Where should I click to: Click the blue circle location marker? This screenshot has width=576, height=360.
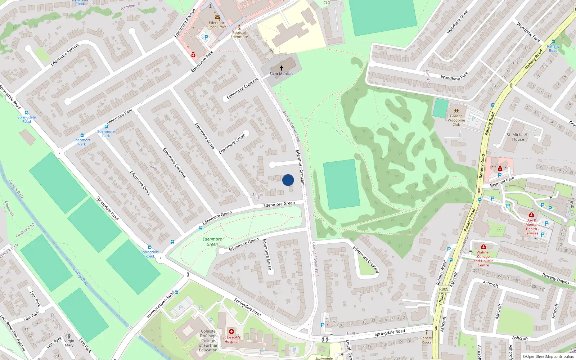click(288, 180)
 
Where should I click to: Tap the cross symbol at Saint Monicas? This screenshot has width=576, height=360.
click(282, 68)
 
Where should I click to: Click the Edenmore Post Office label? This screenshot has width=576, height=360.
click(217, 25)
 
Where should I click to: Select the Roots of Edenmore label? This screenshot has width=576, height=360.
click(239, 35)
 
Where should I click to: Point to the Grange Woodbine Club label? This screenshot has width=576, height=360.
click(456, 120)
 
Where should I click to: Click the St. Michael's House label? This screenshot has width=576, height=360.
click(518, 137)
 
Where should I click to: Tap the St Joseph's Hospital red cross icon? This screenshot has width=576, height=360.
click(231, 332)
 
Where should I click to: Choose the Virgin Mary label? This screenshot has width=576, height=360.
click(69, 343)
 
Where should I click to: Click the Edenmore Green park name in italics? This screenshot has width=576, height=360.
click(212, 242)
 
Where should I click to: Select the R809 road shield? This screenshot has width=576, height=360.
click(444, 289)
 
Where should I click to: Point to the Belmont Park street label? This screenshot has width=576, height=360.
click(502, 182)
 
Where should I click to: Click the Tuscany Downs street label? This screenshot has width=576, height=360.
click(555, 278)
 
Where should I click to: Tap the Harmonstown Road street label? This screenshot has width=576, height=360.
click(160, 305)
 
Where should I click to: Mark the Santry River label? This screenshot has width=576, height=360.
click(81, 277)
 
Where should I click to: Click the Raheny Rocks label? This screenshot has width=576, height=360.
click(427, 340)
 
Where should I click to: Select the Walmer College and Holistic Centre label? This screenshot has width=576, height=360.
click(483, 259)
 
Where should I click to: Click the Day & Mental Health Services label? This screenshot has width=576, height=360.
click(531, 227)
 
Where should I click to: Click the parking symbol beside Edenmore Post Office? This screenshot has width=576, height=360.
click(206, 37)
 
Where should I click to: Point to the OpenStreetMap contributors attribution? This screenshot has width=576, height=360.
click(548, 357)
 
